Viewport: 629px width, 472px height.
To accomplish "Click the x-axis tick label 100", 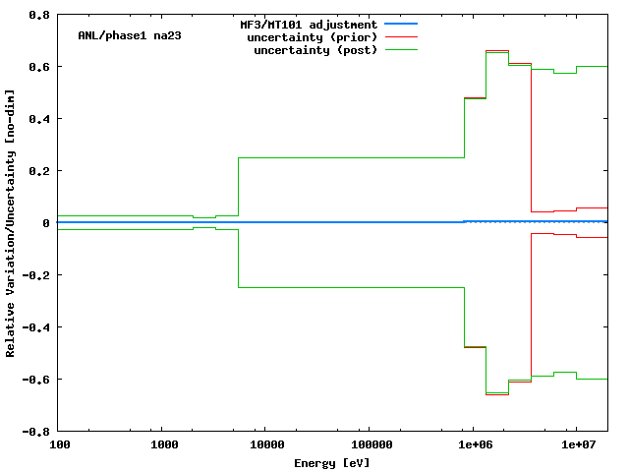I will pos(60,445).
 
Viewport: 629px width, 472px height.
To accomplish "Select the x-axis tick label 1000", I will pos(163,445).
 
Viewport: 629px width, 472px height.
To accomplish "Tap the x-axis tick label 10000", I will pos(265,445).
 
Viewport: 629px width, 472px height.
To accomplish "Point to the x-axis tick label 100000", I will pos(369,445).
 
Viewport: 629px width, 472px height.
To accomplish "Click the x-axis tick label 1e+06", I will pos(472,445).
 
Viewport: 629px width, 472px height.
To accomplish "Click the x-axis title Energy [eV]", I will pos(332,462).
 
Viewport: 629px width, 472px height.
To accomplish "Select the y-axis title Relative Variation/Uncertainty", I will pos(11,222).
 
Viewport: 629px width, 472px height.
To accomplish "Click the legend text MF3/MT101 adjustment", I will pos(309,24).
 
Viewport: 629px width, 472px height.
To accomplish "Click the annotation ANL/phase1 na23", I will pos(129,35).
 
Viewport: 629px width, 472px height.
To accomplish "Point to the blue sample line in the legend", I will pos(402,24).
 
